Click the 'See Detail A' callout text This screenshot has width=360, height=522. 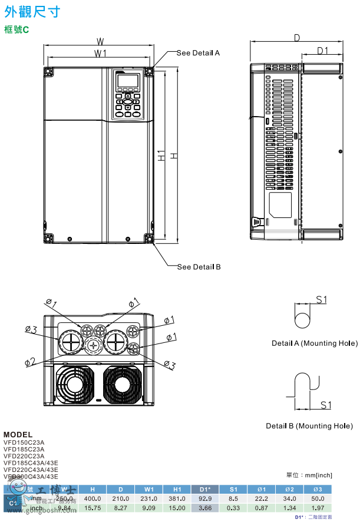198,53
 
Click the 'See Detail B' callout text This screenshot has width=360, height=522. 199,267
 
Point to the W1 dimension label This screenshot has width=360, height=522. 100,54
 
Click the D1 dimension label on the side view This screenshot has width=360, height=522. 322,51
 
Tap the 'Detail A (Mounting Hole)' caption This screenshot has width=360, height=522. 314,343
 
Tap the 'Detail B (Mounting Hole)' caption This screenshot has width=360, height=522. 309,426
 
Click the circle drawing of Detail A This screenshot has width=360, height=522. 302,321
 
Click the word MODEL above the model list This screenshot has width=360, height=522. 18,435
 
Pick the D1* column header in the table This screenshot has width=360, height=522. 205,489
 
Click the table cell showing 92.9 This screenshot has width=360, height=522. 205,498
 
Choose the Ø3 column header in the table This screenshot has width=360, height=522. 318,489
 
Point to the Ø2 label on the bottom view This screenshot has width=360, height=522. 29,361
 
